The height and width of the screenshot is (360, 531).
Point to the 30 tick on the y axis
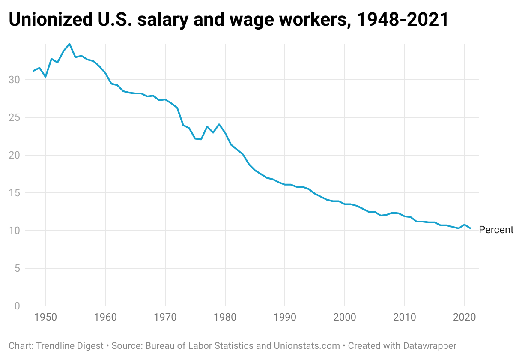[x=14, y=80]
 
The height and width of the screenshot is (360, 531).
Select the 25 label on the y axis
[x=14, y=117]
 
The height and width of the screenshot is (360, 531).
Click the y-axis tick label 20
[x=14, y=155]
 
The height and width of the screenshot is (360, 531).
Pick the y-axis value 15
[x=14, y=193]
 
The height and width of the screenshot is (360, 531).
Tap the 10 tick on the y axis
[x=14, y=231]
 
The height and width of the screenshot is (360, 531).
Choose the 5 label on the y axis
[x=17, y=268]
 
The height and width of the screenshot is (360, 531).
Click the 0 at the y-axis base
[x=17, y=306]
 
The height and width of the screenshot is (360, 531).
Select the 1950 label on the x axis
[x=45, y=318]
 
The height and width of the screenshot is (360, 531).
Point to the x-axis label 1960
[x=105, y=318]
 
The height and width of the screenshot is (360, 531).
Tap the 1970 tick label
[x=165, y=318]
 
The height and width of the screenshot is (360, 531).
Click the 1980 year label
[x=225, y=318]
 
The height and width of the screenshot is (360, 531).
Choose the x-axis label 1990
[x=285, y=318]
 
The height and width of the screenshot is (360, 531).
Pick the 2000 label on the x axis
[x=345, y=318]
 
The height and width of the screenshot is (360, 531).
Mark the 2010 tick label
[x=405, y=318]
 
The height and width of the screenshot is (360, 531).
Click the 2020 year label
[x=465, y=318]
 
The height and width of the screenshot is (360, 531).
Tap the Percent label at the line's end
[x=496, y=230]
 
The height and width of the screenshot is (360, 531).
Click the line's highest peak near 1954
[x=69, y=44]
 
